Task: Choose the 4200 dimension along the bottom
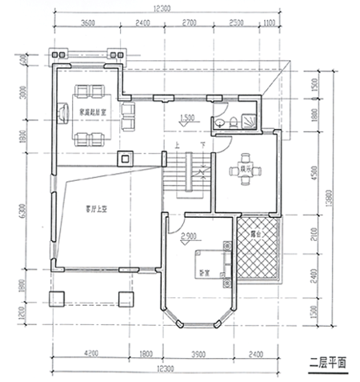tap(92, 352)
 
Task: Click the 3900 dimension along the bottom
tap(199, 352)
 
